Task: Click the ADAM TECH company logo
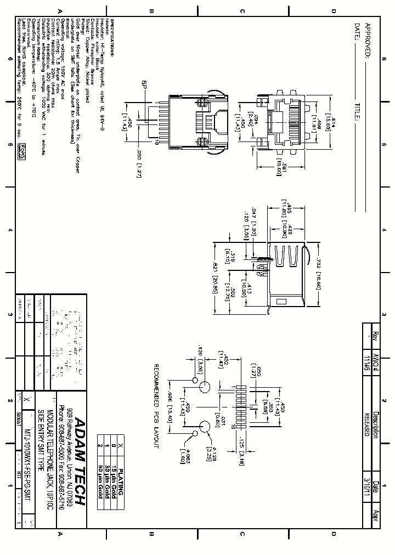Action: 80,461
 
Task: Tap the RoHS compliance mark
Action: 22,151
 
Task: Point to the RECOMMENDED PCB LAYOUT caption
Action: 155,406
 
